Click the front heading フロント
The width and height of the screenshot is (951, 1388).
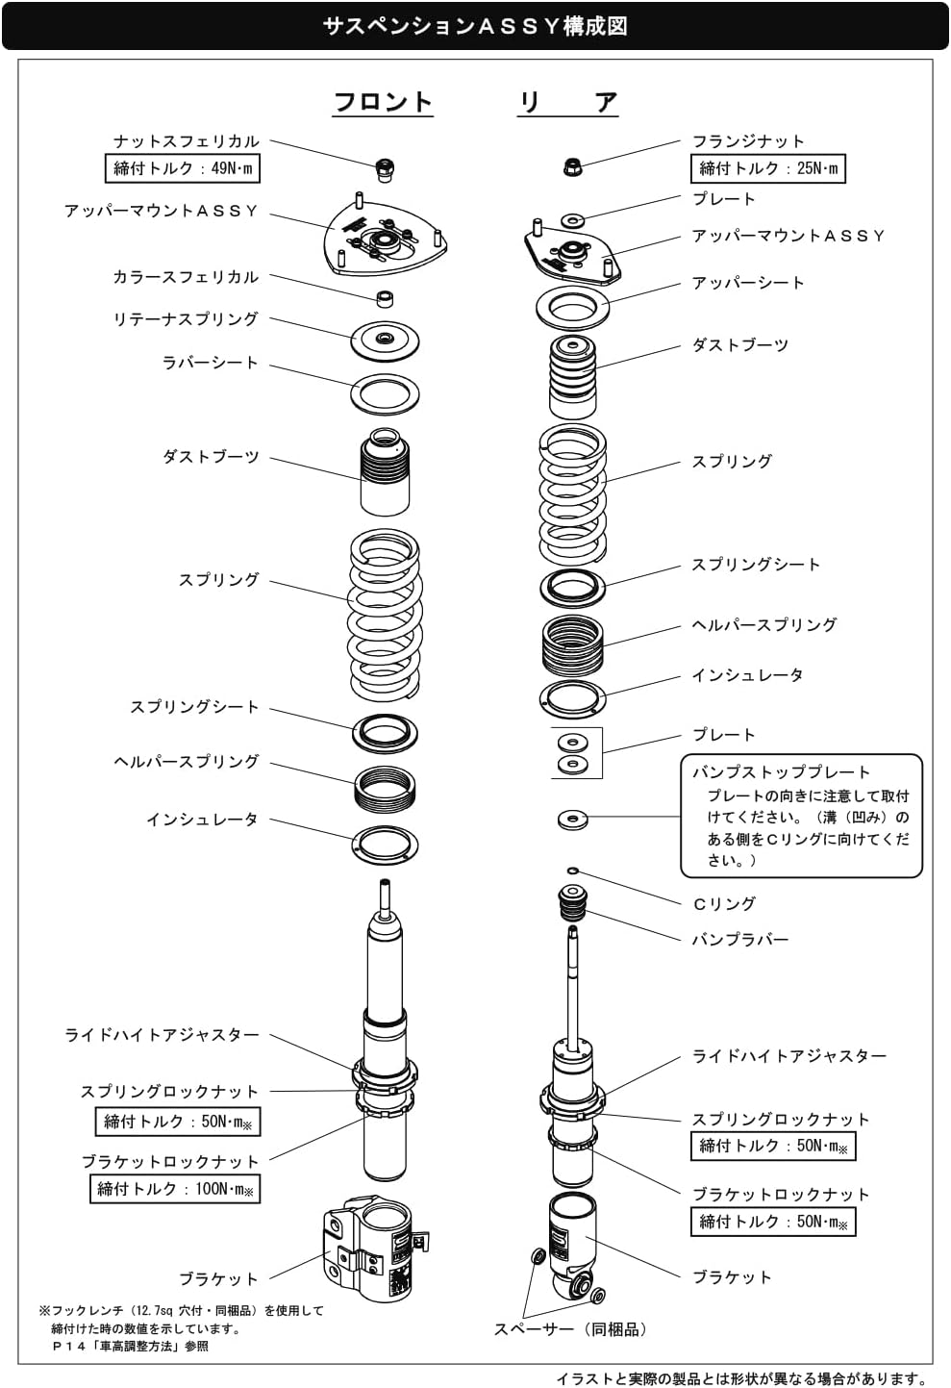[383, 102]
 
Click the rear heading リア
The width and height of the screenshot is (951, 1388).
[568, 102]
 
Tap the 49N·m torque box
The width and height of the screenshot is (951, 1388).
[182, 168]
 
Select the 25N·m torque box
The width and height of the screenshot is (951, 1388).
[768, 168]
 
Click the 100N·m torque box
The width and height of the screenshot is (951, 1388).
[175, 1189]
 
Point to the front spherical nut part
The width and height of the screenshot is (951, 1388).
[386, 169]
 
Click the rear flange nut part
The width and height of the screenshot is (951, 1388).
[572, 166]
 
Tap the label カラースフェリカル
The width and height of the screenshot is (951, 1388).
[186, 277]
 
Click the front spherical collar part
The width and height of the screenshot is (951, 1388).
[386, 299]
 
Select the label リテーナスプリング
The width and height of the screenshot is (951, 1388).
[186, 319]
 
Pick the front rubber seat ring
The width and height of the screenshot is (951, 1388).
[385, 394]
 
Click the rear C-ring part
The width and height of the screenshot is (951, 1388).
[573, 871]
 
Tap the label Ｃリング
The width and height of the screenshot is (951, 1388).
[724, 903]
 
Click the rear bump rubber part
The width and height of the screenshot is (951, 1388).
[573, 903]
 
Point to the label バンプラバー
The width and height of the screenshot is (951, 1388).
[740, 940]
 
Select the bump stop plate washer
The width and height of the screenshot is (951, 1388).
[572, 820]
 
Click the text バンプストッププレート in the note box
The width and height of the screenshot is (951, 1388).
[781, 772]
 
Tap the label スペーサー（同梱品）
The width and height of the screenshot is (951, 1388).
[570, 1328]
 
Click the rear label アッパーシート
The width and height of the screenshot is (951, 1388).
[748, 283]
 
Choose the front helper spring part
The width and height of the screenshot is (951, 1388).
[385, 790]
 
